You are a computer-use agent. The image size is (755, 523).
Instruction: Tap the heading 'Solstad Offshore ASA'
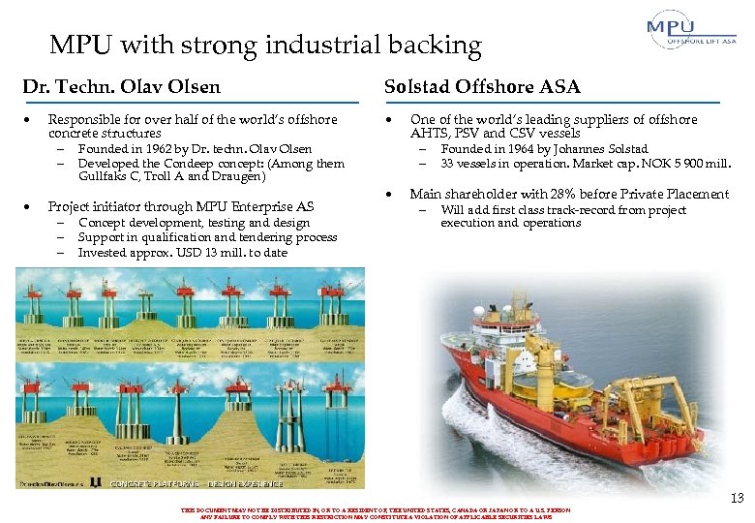click(482, 87)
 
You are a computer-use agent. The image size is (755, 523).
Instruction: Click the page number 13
click(737, 498)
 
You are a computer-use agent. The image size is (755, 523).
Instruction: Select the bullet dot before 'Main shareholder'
click(390, 194)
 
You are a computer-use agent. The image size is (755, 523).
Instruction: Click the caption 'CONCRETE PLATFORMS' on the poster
click(155, 483)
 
